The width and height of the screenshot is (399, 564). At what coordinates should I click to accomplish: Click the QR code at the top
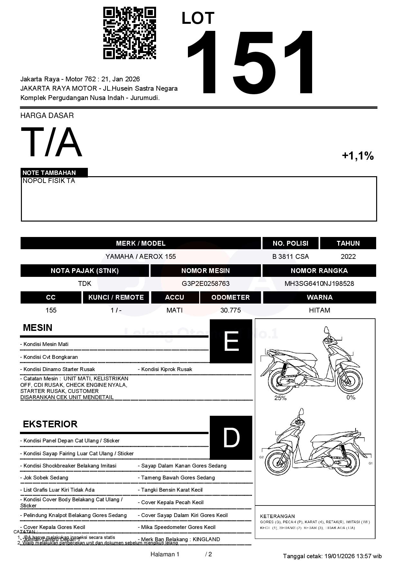click(x=129, y=33)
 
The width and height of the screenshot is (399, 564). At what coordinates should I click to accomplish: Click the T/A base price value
click(x=51, y=142)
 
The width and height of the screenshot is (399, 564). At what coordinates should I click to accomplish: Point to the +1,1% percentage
click(x=357, y=156)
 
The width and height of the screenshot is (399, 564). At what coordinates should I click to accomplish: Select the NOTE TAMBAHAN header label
click(x=49, y=173)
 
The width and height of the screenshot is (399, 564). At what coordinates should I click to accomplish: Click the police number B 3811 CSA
click(x=290, y=257)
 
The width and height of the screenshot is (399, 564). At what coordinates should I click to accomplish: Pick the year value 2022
click(x=348, y=257)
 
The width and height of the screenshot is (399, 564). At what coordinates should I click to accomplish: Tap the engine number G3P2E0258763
click(x=206, y=284)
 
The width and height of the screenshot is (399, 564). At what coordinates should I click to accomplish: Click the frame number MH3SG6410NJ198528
click(x=319, y=284)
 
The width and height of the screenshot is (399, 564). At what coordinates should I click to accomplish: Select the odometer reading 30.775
click(x=230, y=310)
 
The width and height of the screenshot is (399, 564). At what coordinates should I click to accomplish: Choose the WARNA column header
click(x=320, y=297)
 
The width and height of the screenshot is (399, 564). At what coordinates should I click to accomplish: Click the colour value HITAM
click(x=320, y=310)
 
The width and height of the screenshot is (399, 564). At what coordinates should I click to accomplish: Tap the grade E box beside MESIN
click(x=231, y=341)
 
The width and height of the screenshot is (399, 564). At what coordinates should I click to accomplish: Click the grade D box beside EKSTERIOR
click(x=231, y=437)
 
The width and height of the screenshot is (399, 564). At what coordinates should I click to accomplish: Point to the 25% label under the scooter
click(x=280, y=398)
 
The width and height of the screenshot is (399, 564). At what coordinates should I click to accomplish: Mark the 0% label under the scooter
click(x=351, y=397)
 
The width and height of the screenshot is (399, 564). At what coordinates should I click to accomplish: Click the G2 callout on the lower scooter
click(x=261, y=457)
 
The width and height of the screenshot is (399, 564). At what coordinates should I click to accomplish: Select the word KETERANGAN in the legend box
click(x=277, y=516)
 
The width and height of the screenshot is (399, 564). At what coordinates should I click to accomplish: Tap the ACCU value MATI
click(x=174, y=310)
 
